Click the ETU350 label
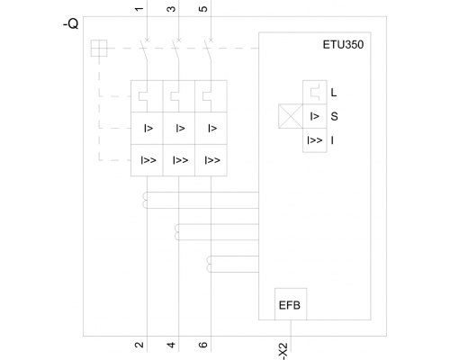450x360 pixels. pos(343,45)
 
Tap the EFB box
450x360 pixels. pos(291,304)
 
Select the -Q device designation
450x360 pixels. pos(71,23)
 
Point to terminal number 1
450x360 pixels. pos(139,9)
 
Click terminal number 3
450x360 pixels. pos(171,9)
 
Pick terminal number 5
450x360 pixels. pos(203,9)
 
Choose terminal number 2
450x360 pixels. pos(139,345)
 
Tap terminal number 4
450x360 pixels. pos(171,345)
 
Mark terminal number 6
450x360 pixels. pos(203,345)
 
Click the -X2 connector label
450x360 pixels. pos(283,351)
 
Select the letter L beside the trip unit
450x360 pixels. pos(334,93)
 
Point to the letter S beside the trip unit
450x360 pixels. pos(334,116)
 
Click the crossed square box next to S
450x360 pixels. pos(291,116)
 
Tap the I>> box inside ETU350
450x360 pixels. pos(315,140)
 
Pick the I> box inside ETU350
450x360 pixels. pos(315,116)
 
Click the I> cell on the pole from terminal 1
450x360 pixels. pos(147,129)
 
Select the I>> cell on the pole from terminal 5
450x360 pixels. pos(211,160)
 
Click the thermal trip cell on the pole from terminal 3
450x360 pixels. pos(179,96)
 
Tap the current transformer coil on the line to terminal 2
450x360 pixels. pos(145,200)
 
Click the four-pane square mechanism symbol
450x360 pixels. pos(99,48)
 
